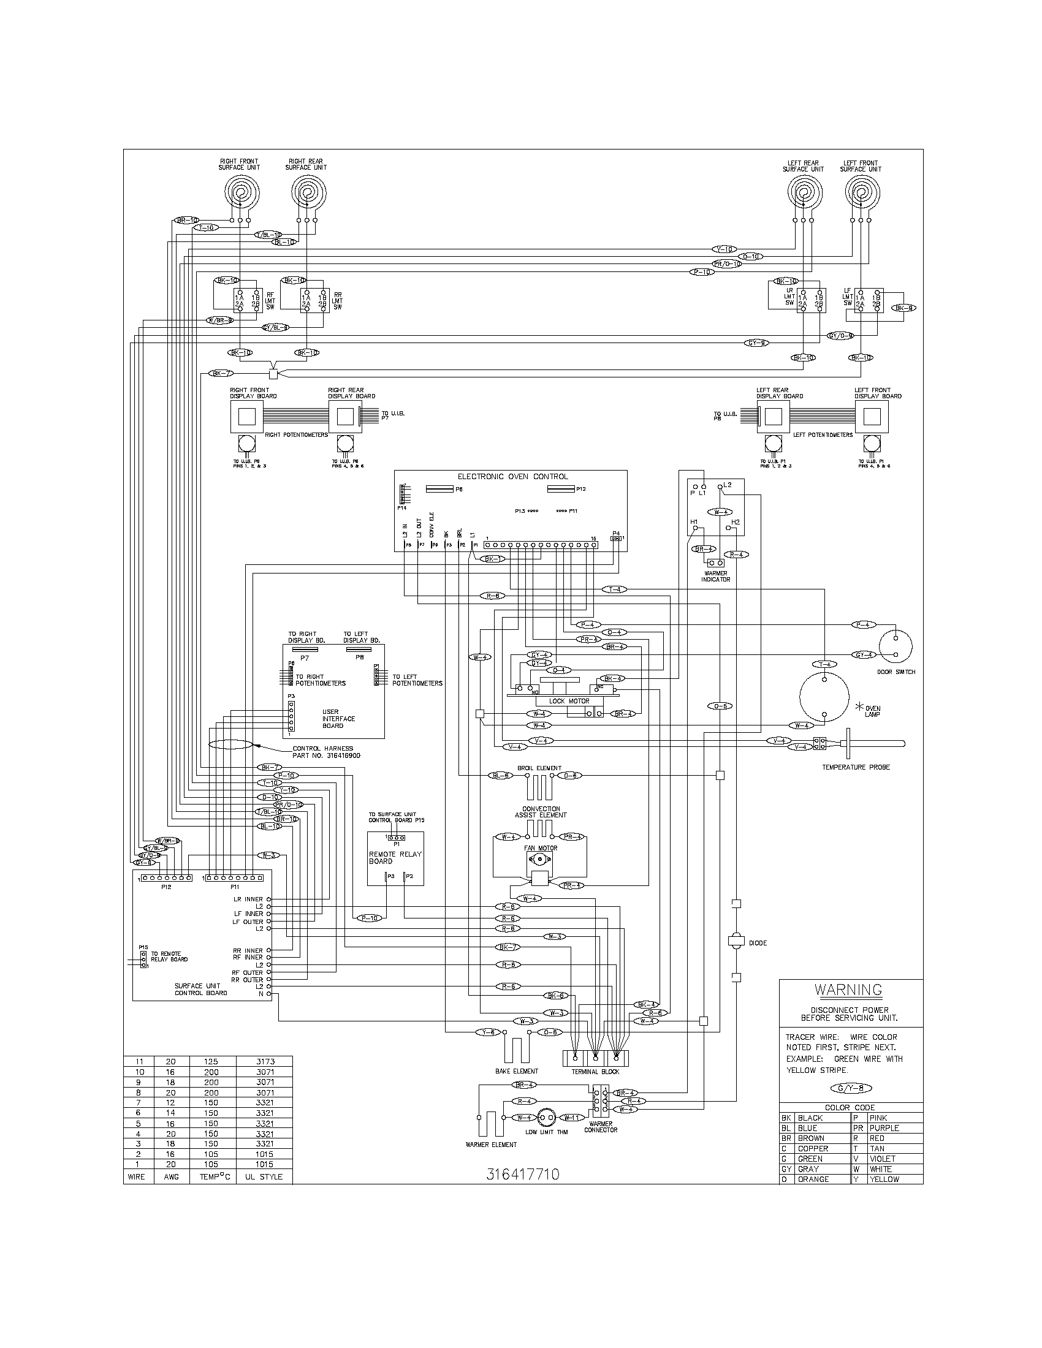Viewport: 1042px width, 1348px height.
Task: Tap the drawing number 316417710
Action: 522,1174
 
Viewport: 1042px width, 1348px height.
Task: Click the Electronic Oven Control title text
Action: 512,477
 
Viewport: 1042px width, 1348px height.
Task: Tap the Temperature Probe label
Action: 856,767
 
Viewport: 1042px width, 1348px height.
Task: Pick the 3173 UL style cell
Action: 264,1062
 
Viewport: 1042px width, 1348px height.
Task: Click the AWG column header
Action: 171,1176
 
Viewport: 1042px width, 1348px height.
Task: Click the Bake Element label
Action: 517,1071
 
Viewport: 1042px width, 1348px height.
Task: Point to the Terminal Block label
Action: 595,1072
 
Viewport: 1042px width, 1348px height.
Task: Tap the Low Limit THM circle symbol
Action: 546,1118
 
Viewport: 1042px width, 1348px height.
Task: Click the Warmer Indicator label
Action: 715,576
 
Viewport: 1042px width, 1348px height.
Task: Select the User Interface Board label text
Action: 338,719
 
